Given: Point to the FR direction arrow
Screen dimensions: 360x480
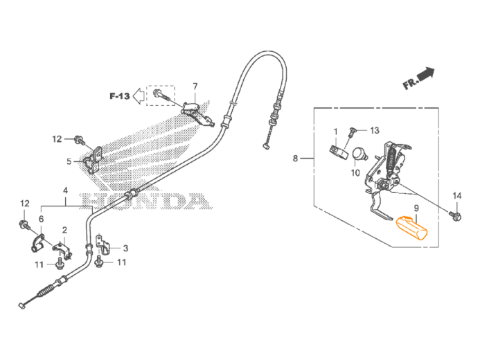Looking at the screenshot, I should tap(418, 77).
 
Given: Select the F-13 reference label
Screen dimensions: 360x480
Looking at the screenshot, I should tap(119, 96).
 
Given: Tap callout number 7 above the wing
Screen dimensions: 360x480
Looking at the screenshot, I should tap(195, 87).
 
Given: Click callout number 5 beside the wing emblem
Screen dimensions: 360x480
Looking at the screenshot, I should tap(67, 161).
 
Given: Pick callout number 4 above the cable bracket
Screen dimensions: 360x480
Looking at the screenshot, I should tap(65, 190).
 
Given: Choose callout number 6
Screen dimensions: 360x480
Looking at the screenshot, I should tap(41, 219).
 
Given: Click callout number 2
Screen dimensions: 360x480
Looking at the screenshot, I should tap(64, 230).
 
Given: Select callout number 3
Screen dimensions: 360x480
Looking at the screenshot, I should tap(125, 247).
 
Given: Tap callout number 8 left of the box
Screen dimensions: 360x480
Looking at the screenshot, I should tap(296, 159).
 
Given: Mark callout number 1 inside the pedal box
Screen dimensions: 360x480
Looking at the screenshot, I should tap(335, 131).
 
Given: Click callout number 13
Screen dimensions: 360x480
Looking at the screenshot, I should tap(374, 130).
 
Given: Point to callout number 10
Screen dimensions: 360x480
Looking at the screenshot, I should tap(355, 173).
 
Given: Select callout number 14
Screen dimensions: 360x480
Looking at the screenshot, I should tap(456, 197).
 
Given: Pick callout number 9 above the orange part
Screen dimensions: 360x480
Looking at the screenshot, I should tap(416, 208).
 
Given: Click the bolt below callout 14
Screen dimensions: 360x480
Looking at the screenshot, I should tap(458, 217).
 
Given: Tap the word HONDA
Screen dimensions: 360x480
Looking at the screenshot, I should tap(145, 201).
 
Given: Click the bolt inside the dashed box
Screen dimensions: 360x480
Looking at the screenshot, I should tap(158, 93).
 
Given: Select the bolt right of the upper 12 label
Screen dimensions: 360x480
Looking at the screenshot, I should tap(80, 140).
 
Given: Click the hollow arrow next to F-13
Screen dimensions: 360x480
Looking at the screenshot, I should tap(139, 96).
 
